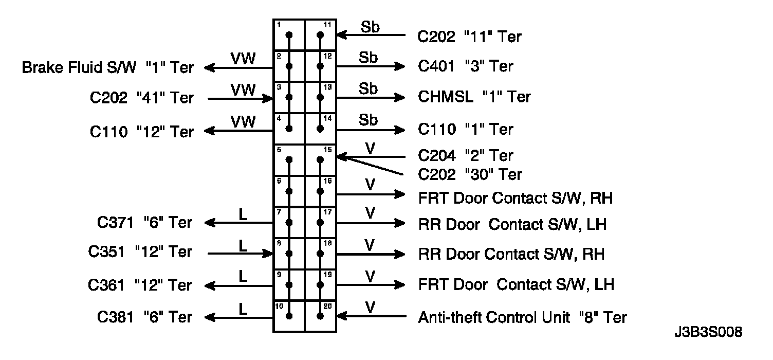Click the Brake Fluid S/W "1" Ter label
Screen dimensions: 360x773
coord(107,68)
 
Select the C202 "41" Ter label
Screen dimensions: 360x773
coord(141,98)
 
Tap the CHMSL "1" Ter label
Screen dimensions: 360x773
coord(474,97)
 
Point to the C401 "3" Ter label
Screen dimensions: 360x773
coord(465,66)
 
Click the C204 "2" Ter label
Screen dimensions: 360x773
coord(466,155)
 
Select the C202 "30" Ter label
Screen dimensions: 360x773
coord(470,175)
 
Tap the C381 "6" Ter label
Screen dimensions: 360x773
coord(144,317)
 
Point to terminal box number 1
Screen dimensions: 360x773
coord(289,35)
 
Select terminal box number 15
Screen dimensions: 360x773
coord(321,159)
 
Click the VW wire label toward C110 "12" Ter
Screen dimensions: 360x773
coord(243,121)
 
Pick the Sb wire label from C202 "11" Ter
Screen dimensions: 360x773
coord(370,27)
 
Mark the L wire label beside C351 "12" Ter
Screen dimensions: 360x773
coord(243,245)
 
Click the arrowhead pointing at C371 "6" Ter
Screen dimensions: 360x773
coord(210,223)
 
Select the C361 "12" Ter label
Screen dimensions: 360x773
coord(140,285)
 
